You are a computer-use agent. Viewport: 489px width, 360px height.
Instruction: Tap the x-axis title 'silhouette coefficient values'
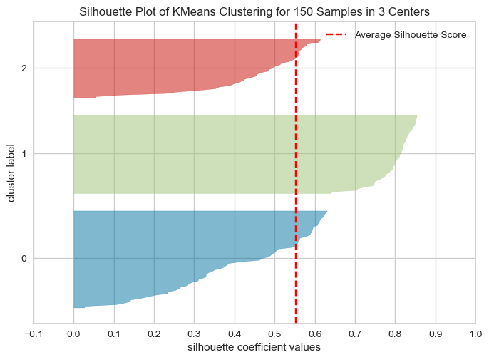(254, 348)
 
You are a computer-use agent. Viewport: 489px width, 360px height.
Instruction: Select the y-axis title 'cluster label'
(12, 173)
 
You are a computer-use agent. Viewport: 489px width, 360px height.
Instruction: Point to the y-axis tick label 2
(24, 68)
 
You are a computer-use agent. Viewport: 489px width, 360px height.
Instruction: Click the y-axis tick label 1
(24, 154)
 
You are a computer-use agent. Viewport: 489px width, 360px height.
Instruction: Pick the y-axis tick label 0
(24, 258)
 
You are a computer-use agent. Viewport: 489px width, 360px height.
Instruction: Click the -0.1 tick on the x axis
(33, 334)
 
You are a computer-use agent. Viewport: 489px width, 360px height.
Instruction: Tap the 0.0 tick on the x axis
(73, 334)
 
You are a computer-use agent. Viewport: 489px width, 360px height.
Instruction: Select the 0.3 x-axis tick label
(194, 334)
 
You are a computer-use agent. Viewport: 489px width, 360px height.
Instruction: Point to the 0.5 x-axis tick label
(274, 334)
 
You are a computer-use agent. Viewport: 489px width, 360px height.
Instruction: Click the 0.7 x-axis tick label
(354, 334)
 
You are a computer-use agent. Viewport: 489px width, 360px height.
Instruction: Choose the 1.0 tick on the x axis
(475, 334)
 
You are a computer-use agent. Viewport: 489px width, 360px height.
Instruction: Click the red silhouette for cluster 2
(171, 68)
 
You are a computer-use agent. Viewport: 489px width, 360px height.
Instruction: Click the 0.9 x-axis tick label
(435, 334)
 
